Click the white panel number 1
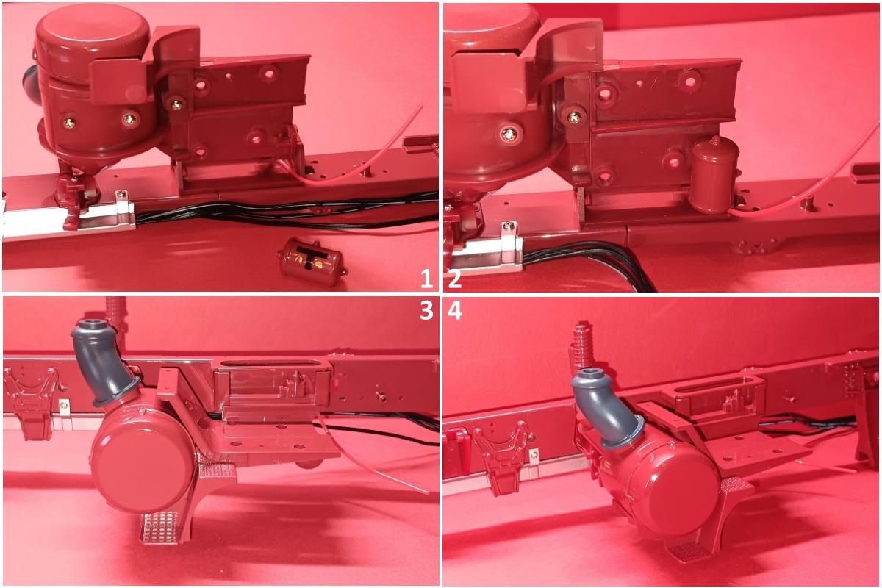(x=426, y=279)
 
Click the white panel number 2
(x=454, y=279)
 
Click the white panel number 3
(x=426, y=310)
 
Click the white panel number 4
(x=455, y=310)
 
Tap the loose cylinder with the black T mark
(x=312, y=261)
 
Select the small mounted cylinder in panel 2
(x=713, y=175)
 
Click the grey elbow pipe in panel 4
(x=605, y=406)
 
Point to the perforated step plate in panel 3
(x=162, y=528)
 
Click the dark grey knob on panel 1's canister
(x=31, y=85)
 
